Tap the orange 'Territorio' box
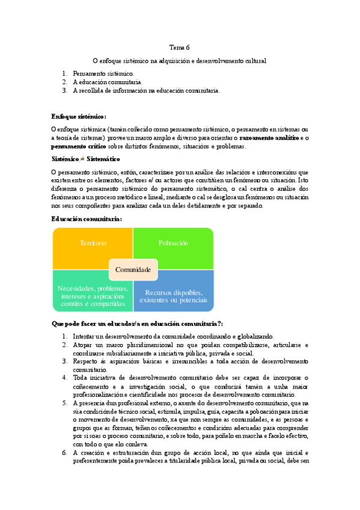[93, 243]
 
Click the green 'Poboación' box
[173, 243]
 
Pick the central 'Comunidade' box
[133, 270]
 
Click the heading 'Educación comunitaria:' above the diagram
[87, 219]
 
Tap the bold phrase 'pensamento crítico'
[79, 146]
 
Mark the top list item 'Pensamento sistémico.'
[103, 73]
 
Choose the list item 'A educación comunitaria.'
[107, 82]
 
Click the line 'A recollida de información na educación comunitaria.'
[146, 91]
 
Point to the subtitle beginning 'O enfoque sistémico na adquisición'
[179, 61]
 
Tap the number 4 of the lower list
[64, 378]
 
